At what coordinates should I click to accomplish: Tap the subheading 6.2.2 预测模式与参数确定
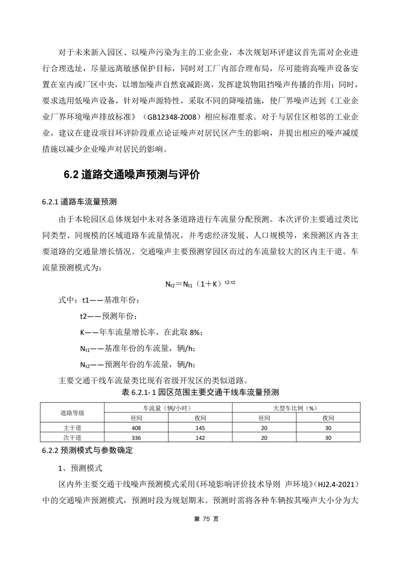click(87, 449)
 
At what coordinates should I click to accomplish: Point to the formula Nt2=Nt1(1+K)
click(200, 284)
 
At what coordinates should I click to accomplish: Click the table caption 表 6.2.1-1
click(200, 392)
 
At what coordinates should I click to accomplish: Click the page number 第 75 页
click(200, 519)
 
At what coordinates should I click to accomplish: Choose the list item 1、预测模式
click(81, 468)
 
